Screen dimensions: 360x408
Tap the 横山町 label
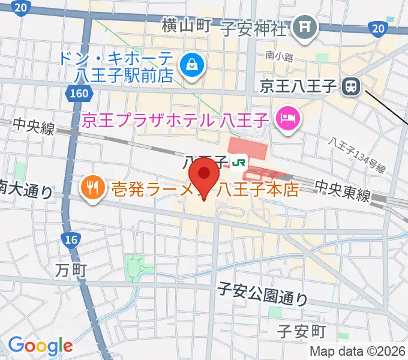[x=186, y=25]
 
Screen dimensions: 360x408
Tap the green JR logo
[x=239, y=161]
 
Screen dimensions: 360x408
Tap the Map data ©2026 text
[x=357, y=351]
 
